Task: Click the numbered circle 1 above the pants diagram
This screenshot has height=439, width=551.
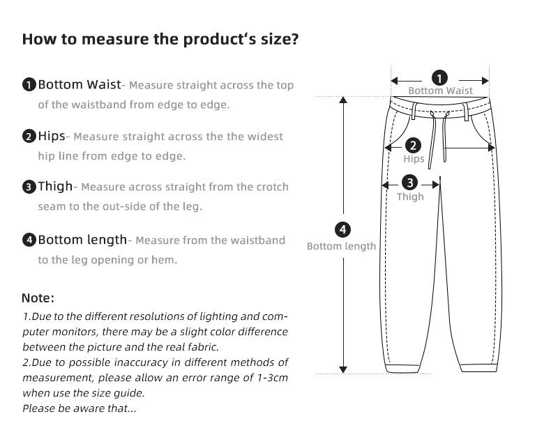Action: coord(440,77)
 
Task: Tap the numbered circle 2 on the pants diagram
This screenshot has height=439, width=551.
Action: coord(414,146)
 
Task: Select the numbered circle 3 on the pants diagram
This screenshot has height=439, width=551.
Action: coord(410,183)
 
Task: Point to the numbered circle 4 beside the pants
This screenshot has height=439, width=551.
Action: coord(342,229)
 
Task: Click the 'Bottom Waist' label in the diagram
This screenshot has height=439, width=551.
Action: coord(440,91)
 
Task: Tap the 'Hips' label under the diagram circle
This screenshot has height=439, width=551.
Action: coord(414,159)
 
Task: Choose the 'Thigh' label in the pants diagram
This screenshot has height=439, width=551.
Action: coord(410,197)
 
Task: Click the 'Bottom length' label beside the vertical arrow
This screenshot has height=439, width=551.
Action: coord(341,246)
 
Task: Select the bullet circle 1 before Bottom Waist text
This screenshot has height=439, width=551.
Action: coord(29,86)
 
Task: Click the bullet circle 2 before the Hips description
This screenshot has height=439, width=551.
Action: coord(29,137)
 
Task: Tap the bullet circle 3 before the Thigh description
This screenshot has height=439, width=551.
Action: coord(29,187)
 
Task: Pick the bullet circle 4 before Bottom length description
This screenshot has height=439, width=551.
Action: coord(29,240)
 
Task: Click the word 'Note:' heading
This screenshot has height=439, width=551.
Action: coord(38,298)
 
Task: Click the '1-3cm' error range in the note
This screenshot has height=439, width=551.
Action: coord(271,378)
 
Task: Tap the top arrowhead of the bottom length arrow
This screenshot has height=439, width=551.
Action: coord(342,100)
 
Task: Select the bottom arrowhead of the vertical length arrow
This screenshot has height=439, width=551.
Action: coord(342,369)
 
